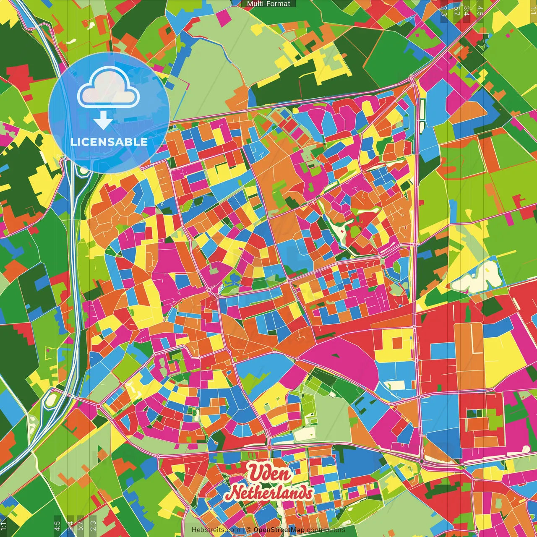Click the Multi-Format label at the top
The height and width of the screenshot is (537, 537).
tap(268, 4)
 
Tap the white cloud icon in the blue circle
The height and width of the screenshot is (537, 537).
tap(109, 89)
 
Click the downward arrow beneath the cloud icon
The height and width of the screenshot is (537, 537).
tap(103, 121)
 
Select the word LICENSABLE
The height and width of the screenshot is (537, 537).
tap(109, 142)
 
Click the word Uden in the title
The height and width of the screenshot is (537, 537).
tap(269, 473)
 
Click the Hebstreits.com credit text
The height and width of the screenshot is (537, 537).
tap(216, 530)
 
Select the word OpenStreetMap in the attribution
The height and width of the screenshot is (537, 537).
tap(279, 530)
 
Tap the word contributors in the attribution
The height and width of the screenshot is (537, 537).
tap(326, 530)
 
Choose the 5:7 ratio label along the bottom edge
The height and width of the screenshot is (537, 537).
tap(81, 525)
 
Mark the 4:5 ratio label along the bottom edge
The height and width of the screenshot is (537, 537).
tap(57, 525)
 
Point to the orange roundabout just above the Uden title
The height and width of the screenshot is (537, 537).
tap(269, 448)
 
